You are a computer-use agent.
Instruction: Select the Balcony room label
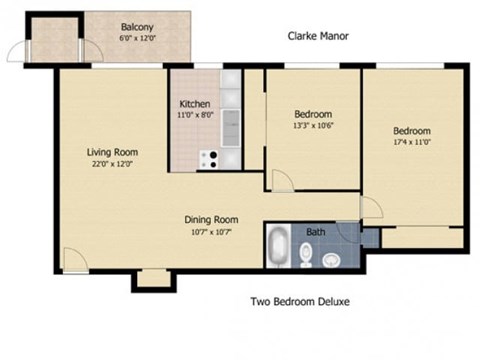137,27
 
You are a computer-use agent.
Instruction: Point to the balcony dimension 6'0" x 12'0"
137,38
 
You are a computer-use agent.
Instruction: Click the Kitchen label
194,104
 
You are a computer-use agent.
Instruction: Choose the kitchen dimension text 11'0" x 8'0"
194,115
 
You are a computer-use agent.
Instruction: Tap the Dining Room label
210,220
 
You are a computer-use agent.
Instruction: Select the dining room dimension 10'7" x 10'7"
210,231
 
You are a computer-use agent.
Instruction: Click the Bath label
315,233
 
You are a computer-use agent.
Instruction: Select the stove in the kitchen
209,159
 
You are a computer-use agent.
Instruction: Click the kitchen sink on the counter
231,126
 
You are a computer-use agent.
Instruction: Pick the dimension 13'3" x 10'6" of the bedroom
313,125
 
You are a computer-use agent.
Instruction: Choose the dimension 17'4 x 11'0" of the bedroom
411,143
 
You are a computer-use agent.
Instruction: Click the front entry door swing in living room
74,259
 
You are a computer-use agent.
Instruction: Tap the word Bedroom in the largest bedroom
411,132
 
